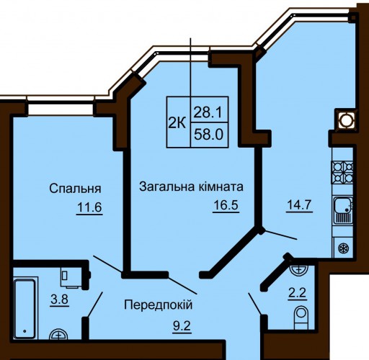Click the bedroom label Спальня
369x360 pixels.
pyautogui.click(x=75, y=189)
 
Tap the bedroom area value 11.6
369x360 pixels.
pyautogui.click(x=89, y=207)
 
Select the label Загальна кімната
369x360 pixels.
pyautogui.click(x=191, y=186)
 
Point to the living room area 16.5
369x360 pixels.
pyautogui.click(x=226, y=205)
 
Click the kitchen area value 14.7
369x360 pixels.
pyautogui.click(x=299, y=204)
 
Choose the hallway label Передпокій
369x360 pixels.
pyautogui.click(x=159, y=305)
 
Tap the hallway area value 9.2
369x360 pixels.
pyautogui.click(x=182, y=325)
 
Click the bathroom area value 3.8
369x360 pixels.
pyautogui.click(x=60, y=300)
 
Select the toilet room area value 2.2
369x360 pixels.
pyautogui.click(x=298, y=292)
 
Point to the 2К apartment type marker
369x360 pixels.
pyautogui.click(x=177, y=124)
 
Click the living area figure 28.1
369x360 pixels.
pyautogui.click(x=208, y=112)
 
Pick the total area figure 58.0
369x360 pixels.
pyautogui.click(x=208, y=135)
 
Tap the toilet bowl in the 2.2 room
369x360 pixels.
pyautogui.click(x=301, y=318)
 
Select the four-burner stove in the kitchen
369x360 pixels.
pyautogui.click(x=342, y=172)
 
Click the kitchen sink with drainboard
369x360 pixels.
pyautogui.click(x=343, y=210)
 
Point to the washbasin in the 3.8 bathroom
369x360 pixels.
pyautogui.click(x=58, y=334)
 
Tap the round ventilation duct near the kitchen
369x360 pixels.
pyautogui.click(x=346, y=120)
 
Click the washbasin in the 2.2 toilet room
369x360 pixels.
pyautogui.click(x=298, y=270)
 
